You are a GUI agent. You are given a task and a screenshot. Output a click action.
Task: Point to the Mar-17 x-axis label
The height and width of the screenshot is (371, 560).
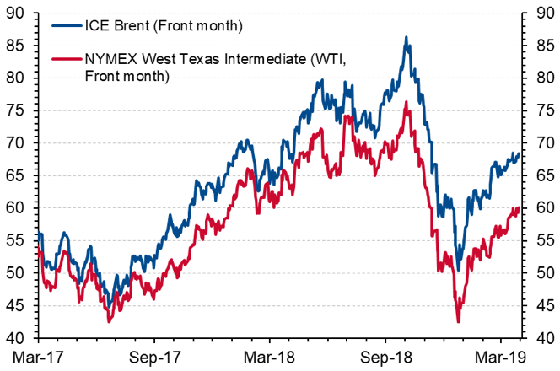39,357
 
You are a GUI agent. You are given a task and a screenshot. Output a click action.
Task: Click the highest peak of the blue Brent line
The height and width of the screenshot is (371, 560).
407,37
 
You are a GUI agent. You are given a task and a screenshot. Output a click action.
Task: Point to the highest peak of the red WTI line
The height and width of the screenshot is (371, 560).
407,102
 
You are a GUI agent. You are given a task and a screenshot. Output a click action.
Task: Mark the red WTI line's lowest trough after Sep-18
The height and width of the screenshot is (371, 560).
458,321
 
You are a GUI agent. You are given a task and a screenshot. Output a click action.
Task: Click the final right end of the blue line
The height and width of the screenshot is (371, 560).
519,153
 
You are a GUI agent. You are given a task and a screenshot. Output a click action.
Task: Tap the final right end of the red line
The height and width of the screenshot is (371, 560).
519,207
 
